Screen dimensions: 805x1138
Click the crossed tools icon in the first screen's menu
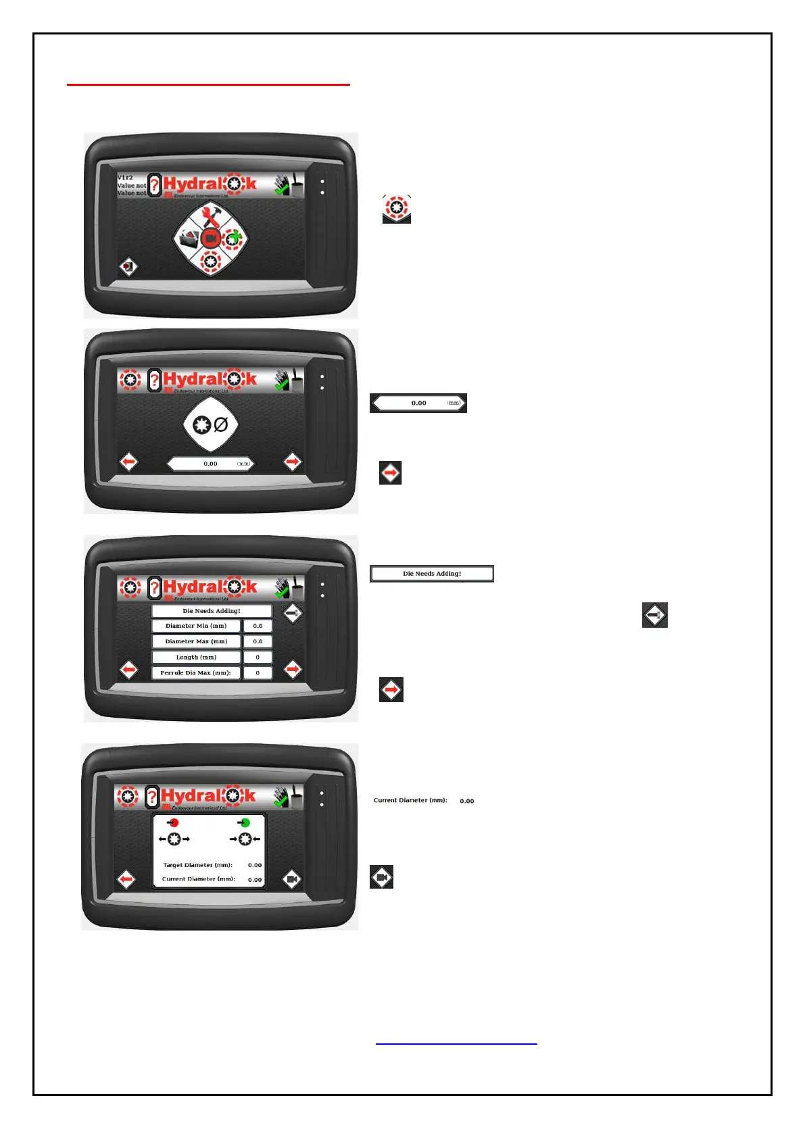click(210, 216)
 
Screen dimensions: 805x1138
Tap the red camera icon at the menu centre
click(210, 239)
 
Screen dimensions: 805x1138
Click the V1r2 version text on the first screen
click(126, 178)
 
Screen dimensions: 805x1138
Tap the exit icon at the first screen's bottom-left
click(128, 267)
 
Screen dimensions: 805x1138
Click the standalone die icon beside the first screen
click(397, 208)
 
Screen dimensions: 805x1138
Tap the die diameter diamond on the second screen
click(211, 425)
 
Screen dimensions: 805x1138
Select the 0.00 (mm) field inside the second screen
click(211, 464)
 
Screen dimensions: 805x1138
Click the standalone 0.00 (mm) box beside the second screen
click(418, 403)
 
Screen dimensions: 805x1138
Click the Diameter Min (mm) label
click(196, 626)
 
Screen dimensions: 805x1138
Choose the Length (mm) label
click(196, 657)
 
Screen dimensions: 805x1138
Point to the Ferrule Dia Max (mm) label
click(196, 672)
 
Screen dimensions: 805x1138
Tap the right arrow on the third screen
click(293, 670)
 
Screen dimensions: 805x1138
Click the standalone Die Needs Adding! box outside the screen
click(432, 573)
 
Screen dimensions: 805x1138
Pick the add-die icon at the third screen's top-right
click(293, 614)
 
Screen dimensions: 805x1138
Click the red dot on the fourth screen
click(174, 822)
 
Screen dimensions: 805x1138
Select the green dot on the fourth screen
click(245, 822)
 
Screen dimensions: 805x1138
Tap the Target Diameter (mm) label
click(197, 865)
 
